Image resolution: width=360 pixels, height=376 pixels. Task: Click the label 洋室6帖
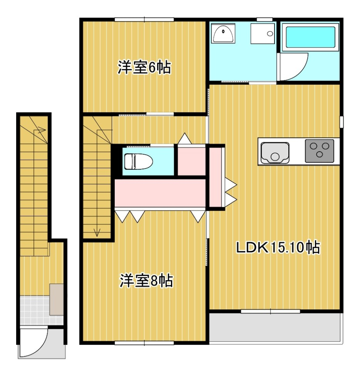[144, 68]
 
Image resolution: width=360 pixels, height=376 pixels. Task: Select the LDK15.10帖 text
[277, 247]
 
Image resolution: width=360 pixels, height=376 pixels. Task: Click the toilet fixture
[138, 161]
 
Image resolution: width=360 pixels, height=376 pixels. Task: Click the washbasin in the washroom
[223, 34]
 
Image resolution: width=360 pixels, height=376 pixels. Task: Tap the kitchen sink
[275, 152]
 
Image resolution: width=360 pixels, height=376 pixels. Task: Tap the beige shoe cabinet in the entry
[57, 299]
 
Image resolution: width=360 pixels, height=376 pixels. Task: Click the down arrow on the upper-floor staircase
[97, 232]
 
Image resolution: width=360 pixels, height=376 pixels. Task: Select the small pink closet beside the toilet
[191, 161]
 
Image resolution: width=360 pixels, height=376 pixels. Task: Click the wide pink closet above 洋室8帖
[160, 192]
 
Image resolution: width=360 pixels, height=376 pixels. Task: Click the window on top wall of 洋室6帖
[144, 19]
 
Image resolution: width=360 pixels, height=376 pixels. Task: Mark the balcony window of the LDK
[270, 311]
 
